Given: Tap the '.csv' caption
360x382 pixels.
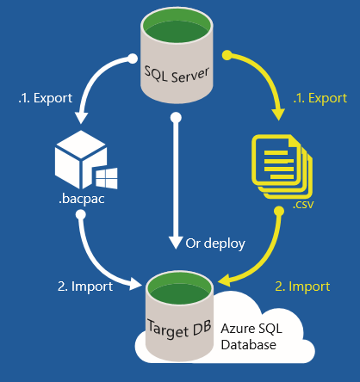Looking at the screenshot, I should (301, 206).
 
